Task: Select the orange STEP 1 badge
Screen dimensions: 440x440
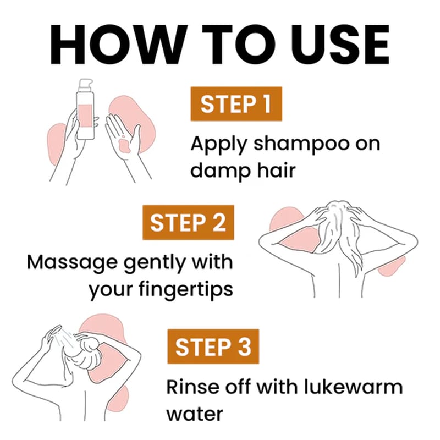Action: click(237, 104)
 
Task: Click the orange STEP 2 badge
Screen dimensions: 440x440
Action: click(188, 223)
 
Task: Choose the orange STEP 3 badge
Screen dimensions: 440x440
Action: click(213, 346)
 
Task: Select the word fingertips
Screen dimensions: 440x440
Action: click(186, 290)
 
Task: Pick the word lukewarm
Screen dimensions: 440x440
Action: click(353, 387)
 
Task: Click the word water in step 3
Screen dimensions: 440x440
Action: click(195, 414)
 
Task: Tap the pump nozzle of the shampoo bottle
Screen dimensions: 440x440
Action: click(86, 85)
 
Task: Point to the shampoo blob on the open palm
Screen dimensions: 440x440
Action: click(124, 145)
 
